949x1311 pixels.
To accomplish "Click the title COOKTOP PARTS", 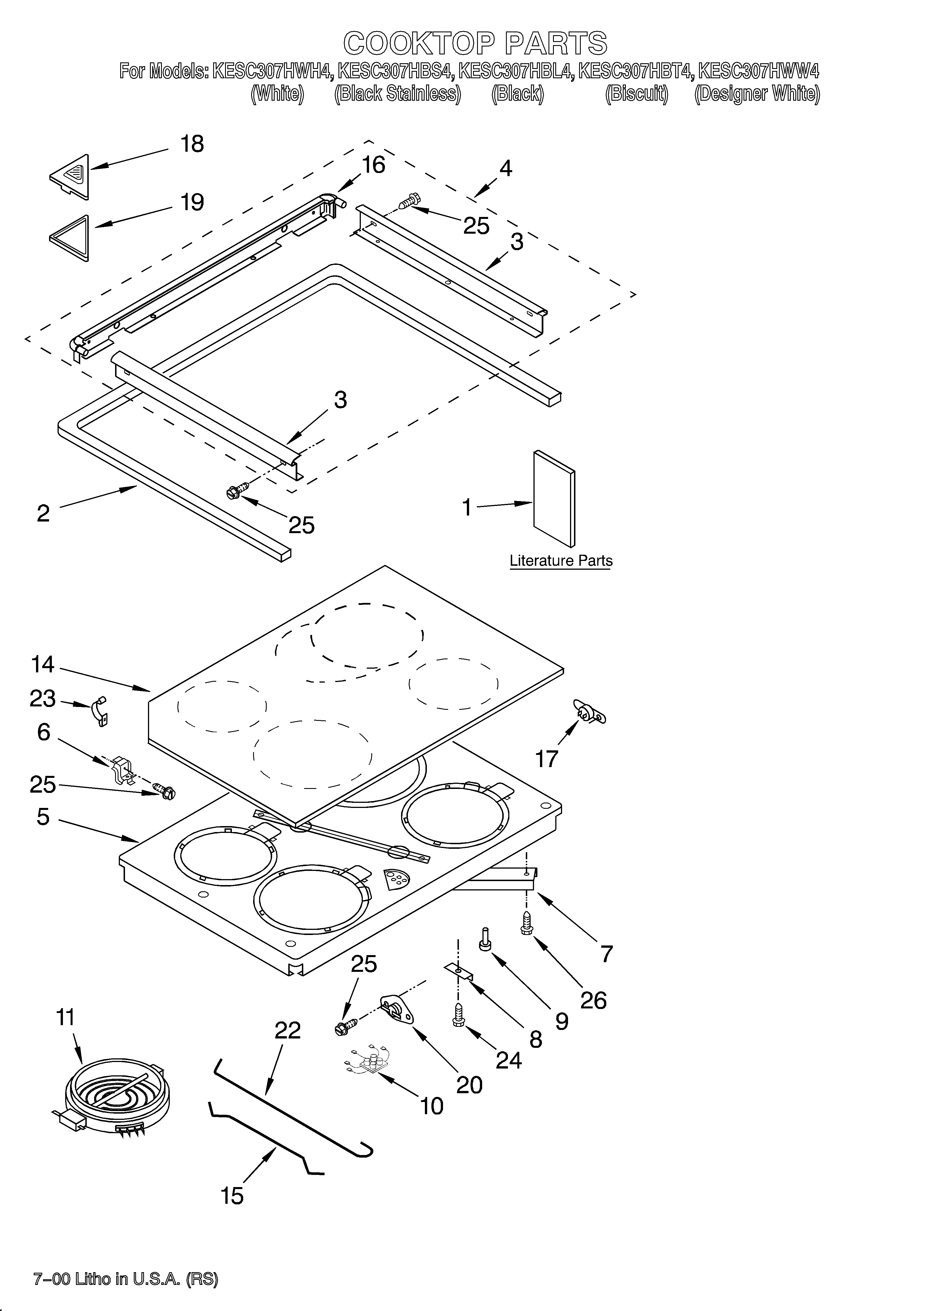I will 475,43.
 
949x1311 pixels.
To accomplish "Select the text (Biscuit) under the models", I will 636,94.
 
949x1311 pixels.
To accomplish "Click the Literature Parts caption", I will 561,561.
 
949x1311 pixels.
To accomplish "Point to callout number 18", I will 192,144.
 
